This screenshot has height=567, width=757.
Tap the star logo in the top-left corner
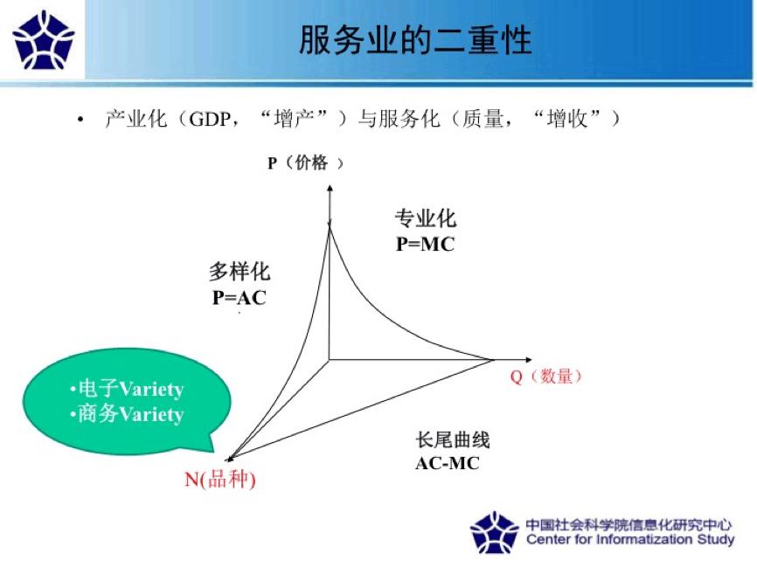44,40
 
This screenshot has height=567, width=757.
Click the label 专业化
426,218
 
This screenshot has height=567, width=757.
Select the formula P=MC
425,245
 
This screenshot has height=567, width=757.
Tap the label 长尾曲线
452,439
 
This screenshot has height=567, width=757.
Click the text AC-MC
448,463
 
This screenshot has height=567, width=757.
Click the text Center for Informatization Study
629,540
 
